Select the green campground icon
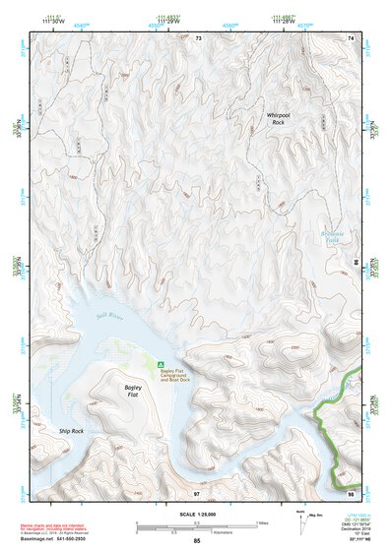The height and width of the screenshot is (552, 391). pyautogui.click(x=162, y=363)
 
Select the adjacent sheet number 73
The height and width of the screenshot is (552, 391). pyautogui.click(x=197, y=37)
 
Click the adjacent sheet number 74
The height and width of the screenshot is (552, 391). pyautogui.click(x=350, y=37)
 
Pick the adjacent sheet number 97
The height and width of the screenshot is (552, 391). pyautogui.click(x=197, y=492)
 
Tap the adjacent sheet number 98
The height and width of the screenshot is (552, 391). pyautogui.click(x=350, y=492)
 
